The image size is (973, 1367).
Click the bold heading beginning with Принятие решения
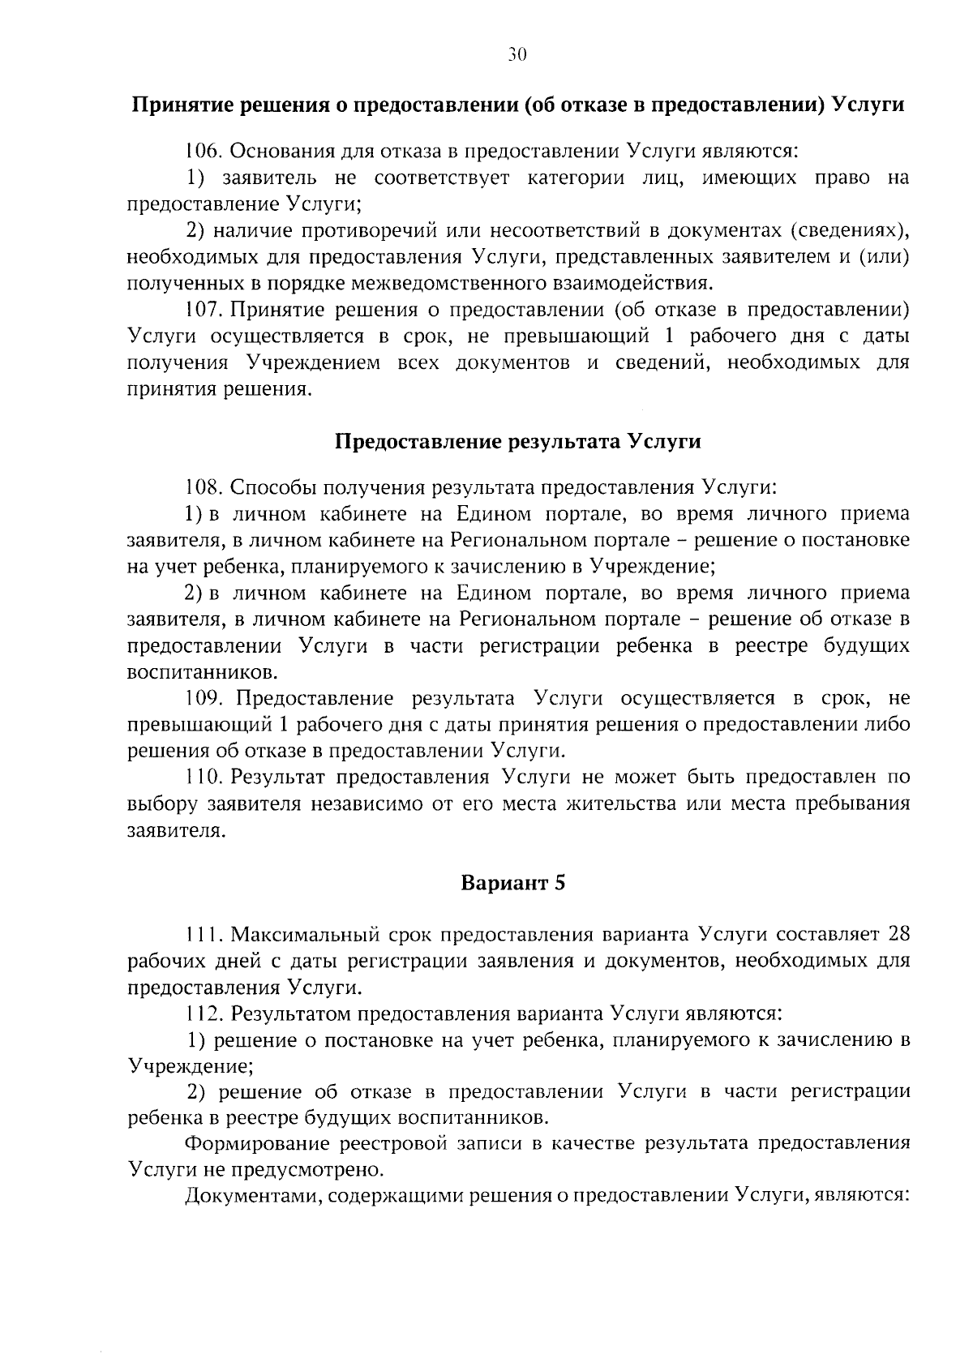coord(518,105)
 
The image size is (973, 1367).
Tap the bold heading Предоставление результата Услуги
coord(518,442)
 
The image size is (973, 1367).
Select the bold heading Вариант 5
coord(512,883)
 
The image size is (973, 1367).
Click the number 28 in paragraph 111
coord(898,935)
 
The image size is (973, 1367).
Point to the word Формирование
coord(255,1144)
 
